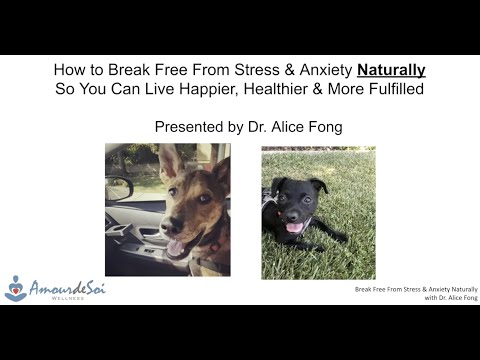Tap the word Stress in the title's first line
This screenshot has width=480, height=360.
(265, 70)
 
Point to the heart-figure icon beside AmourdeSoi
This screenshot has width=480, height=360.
(16, 288)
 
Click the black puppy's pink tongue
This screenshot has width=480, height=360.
(295, 227)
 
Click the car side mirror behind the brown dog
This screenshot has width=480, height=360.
(119, 188)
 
